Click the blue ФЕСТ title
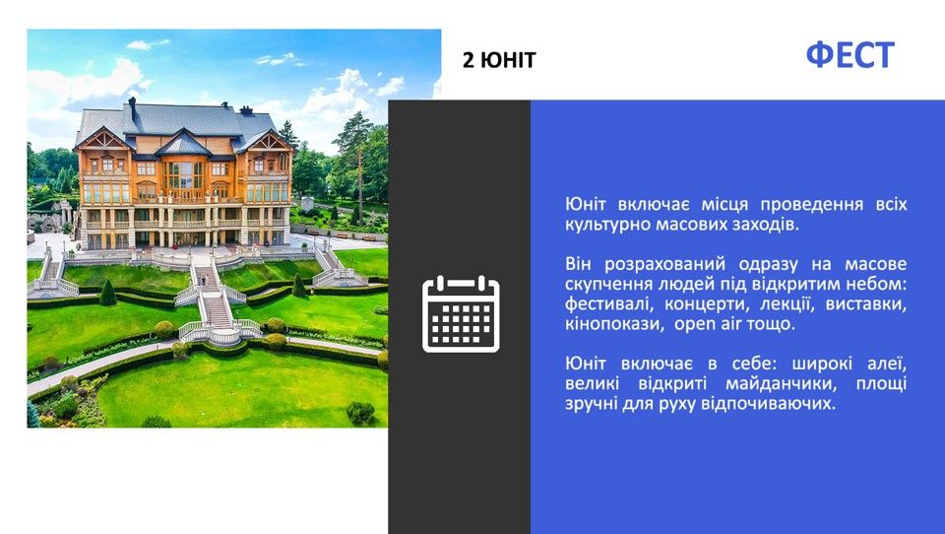(x=850, y=55)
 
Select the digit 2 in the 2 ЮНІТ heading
(x=469, y=60)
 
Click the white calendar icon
(x=461, y=313)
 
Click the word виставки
(x=866, y=304)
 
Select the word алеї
(x=887, y=364)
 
